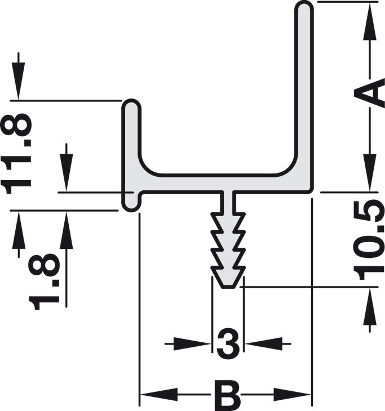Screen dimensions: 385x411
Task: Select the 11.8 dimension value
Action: click(16, 154)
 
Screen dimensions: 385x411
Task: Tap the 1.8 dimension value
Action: click(44, 282)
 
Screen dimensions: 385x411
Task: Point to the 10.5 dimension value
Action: click(368, 240)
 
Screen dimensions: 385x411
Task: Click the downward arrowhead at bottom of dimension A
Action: click(370, 173)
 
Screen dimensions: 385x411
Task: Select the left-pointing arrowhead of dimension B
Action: click(159, 394)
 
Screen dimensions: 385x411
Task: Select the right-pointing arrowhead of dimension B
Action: click(292, 394)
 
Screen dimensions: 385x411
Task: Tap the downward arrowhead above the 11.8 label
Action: click(18, 81)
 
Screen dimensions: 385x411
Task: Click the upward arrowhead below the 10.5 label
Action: click(370, 307)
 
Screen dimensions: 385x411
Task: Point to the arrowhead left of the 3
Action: click(192, 343)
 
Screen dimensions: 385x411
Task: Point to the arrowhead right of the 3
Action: click(263, 343)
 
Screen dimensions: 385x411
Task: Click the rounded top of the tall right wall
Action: click(304, 7)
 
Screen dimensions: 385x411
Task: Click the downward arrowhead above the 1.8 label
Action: click(67, 172)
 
